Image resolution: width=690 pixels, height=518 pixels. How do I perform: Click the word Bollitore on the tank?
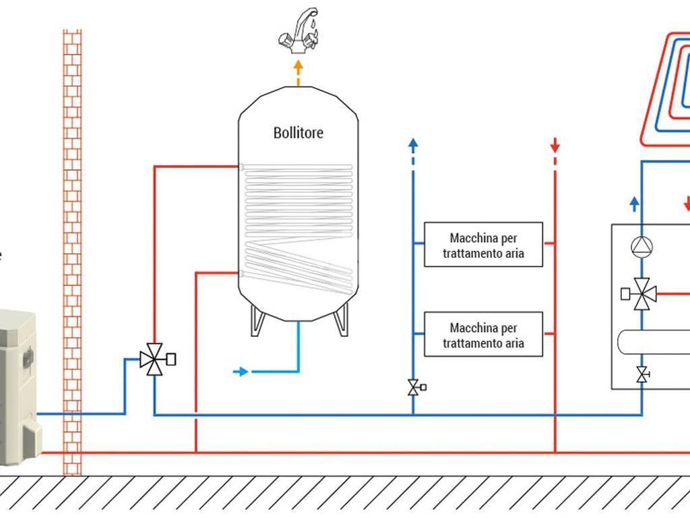298,133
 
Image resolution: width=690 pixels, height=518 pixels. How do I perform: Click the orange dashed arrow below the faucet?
298,70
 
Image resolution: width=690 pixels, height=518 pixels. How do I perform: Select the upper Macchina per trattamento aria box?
483,245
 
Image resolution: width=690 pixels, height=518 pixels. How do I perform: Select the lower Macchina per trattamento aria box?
483,335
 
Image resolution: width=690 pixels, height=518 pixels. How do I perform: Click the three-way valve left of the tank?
154,359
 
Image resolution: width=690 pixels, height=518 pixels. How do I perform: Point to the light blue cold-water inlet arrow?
241,372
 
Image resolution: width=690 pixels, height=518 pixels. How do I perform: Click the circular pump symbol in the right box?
641,247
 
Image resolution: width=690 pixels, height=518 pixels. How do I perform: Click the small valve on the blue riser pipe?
414,387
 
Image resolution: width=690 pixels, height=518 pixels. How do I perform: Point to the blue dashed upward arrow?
413,145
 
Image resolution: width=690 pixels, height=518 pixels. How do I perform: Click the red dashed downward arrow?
555,145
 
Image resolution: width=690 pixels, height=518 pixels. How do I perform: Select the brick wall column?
72,250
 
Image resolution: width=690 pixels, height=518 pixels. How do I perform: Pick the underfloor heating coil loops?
667,88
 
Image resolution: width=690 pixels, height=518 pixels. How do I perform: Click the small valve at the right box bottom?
642,374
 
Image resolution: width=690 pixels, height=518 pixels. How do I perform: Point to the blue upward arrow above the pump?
634,203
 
